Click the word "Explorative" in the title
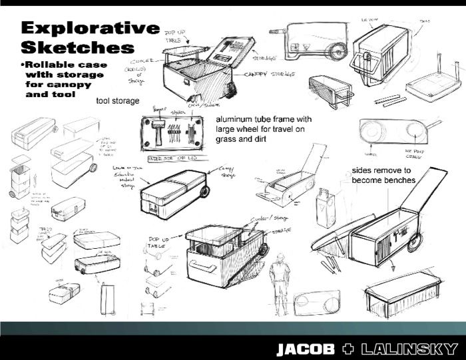pyautogui.click(x=91, y=28)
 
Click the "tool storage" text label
pyautogui.click(x=118, y=101)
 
